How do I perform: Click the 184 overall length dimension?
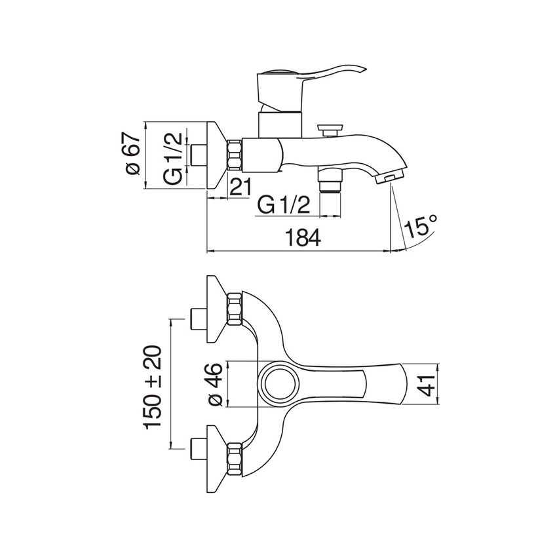pyautogui.click(x=303, y=238)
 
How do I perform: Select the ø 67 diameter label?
pyautogui.click(x=133, y=154)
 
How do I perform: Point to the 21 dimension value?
pyautogui.click(x=240, y=187)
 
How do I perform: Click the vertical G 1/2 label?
pyautogui.click(x=174, y=159)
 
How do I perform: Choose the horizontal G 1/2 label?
pyautogui.click(x=284, y=205)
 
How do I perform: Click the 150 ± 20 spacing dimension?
pyautogui.click(x=153, y=387)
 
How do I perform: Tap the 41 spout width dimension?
pyautogui.click(x=427, y=385)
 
